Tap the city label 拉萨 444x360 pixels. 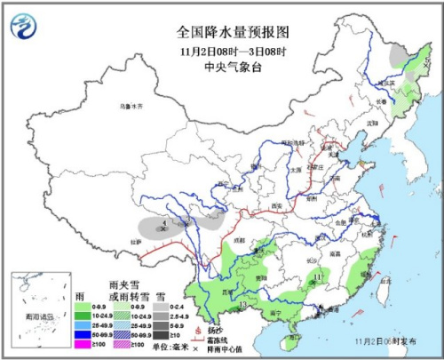[x=137, y=241]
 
